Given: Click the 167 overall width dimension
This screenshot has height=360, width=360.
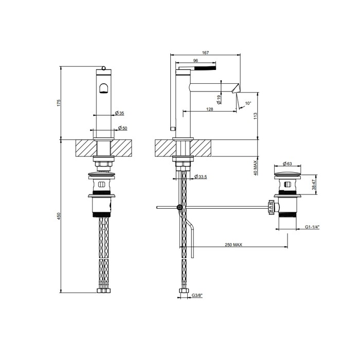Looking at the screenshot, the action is pyautogui.click(x=205, y=52).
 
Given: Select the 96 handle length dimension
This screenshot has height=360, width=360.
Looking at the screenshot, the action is pyautogui.click(x=195, y=61).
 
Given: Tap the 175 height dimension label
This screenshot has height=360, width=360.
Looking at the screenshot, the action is pyautogui.click(x=59, y=103).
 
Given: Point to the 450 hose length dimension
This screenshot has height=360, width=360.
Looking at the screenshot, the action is pyautogui.click(x=59, y=216).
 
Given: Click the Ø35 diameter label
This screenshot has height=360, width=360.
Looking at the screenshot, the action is pyautogui.click(x=120, y=113).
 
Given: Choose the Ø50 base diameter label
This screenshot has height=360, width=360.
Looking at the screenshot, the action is pyautogui.click(x=122, y=128).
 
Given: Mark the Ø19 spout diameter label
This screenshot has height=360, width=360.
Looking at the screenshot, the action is pyautogui.click(x=219, y=99).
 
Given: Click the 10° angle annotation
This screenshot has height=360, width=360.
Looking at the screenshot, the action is pyautogui.click(x=248, y=103).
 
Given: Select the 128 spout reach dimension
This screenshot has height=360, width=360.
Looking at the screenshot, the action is pyautogui.click(x=210, y=109).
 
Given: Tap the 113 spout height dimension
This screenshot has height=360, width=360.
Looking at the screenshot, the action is pyautogui.click(x=256, y=116).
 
